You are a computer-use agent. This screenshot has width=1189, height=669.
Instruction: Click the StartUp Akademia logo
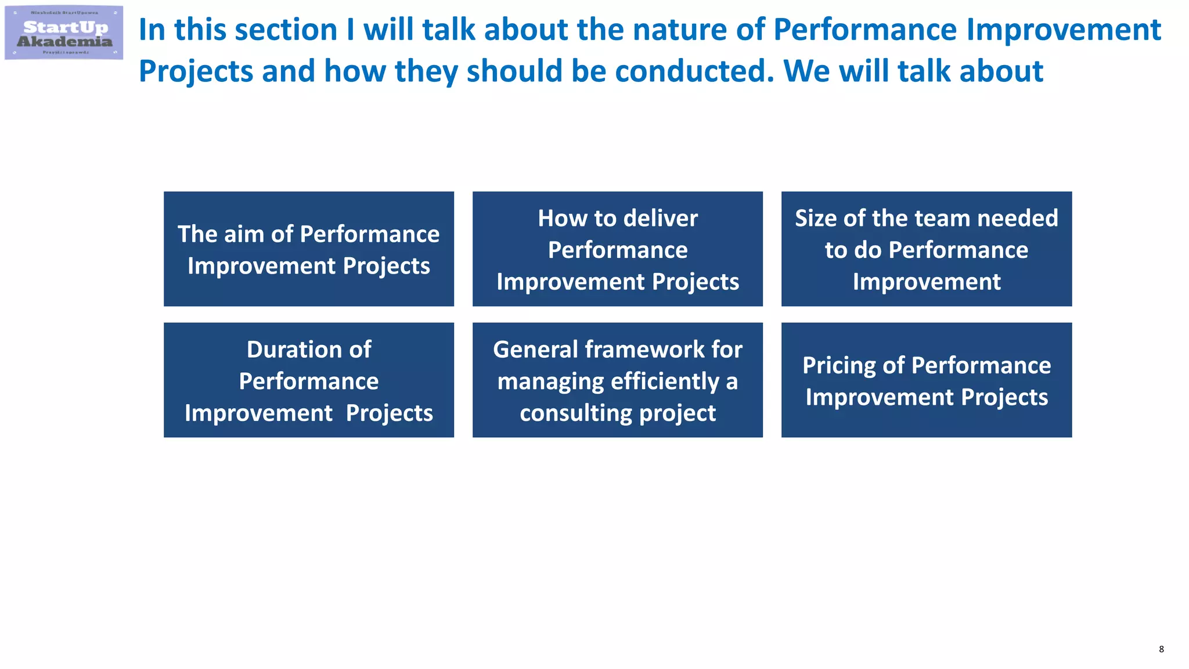64,33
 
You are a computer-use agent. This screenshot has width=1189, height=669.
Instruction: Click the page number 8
1161,649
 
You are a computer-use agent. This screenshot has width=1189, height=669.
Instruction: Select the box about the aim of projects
308,249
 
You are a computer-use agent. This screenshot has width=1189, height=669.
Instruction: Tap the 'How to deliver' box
617,249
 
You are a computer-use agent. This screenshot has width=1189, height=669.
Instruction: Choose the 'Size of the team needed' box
926,249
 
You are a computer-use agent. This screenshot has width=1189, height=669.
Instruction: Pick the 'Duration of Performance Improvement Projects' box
308,380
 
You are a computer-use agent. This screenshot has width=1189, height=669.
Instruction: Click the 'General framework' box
617,380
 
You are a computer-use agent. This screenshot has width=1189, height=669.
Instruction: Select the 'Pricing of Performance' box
926,380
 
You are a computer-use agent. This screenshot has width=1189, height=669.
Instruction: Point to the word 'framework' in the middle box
645,350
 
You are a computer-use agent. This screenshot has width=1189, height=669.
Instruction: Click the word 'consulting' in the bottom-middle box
575,413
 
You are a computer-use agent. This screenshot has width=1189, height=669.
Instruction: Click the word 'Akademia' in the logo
64,41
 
